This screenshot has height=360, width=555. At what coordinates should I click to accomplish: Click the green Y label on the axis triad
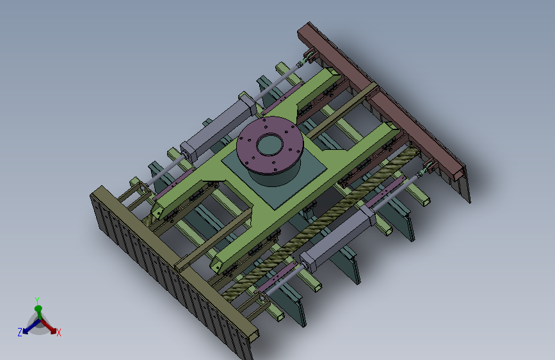click(37, 300)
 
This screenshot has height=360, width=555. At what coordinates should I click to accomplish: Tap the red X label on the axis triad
click(59, 332)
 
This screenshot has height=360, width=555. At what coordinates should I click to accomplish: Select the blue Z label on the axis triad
click(20, 332)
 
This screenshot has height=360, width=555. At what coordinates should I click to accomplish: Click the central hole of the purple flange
click(269, 145)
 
